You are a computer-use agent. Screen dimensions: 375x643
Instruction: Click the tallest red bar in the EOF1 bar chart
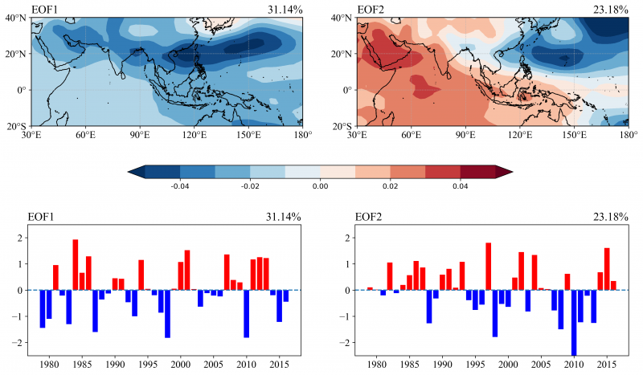tap(76, 264)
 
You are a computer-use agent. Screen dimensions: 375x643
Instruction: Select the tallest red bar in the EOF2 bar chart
tap(488, 266)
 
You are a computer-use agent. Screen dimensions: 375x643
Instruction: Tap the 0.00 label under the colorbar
tap(320, 185)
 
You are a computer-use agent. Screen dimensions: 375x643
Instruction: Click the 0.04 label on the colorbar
tap(460, 185)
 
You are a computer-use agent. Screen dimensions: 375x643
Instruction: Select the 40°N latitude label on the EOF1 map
tap(17, 18)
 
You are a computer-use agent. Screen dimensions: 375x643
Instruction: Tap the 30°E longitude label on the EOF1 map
tap(31, 134)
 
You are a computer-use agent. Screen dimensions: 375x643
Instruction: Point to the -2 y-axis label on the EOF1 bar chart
tap(20, 342)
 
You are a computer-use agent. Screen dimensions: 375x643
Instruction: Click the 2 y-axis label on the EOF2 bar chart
tap(347, 238)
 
